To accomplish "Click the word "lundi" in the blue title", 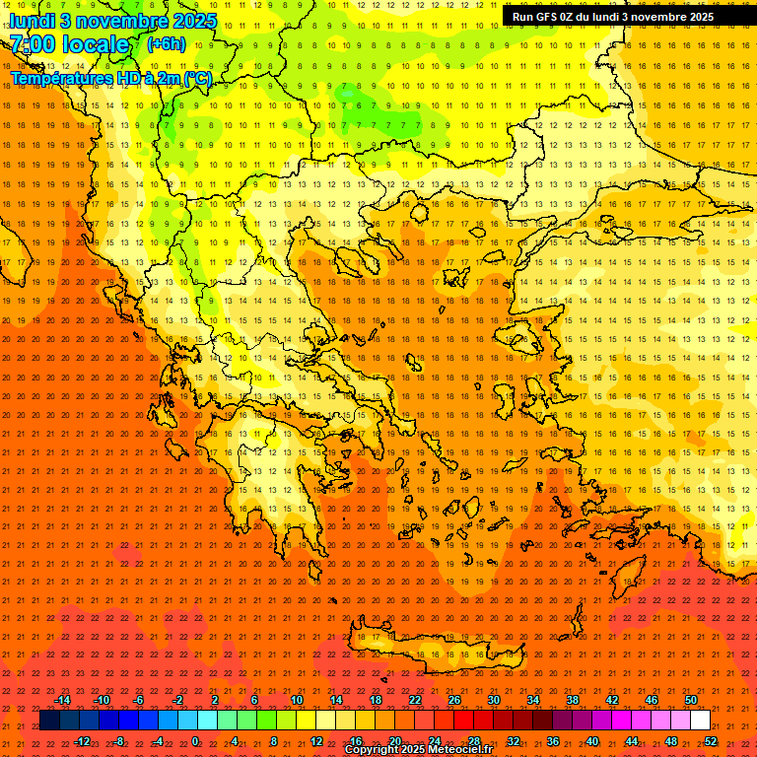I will (x=33, y=21).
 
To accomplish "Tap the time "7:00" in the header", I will (x=33, y=44).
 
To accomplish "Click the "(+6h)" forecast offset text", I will (x=165, y=43).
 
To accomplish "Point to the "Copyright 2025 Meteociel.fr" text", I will (x=418, y=750).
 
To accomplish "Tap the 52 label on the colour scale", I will (x=711, y=740).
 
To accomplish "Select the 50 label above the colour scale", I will (x=691, y=700).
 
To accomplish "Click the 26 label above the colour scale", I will (x=454, y=700).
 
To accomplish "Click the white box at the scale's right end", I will (x=701, y=721).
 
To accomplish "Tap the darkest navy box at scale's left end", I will (x=49, y=721).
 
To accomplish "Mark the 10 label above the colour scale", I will (x=296, y=700).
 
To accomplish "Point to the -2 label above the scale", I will (x=177, y=700).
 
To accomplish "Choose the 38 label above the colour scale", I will (x=573, y=700).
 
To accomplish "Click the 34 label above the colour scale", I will (x=533, y=700).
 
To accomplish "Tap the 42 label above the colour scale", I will (x=612, y=700).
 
